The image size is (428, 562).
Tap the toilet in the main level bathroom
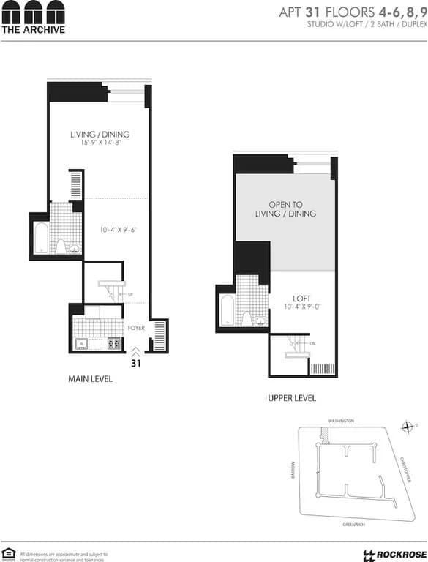pos(62,245)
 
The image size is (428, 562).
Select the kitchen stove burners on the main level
pos(114,342)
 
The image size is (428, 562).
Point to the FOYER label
pos(137,328)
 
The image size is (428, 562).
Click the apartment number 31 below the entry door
pos(136,362)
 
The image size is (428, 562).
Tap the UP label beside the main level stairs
pos(130,295)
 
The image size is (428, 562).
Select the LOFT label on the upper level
pos(301,299)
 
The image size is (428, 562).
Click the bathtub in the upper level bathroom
pos(227,311)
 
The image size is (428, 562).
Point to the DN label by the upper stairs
pos(313,344)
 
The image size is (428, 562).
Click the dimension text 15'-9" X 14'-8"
pos(100,143)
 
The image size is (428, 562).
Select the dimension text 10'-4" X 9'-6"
pos(119,230)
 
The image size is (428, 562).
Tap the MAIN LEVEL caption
pos(90,379)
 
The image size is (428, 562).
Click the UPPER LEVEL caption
pos(292,398)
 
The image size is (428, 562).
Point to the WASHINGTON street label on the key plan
pos(341,421)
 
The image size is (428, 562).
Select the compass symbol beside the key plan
pos(407,427)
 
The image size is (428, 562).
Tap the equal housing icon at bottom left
pos(9,552)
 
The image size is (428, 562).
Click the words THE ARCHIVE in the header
pos(33,30)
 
